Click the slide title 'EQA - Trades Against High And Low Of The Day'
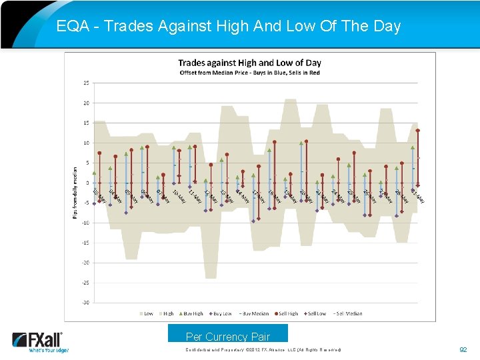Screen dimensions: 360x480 click(x=228, y=26)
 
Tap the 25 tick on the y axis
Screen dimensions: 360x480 click(x=86, y=83)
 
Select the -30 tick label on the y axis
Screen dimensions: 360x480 click(x=85, y=302)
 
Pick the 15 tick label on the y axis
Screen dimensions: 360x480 click(x=86, y=123)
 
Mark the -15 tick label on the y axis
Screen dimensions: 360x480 click(x=85, y=243)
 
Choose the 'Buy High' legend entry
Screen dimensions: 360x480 click(x=192, y=313)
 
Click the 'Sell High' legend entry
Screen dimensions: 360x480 click(x=287, y=313)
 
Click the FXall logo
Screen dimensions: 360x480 click(x=40, y=341)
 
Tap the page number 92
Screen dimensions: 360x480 click(x=464, y=349)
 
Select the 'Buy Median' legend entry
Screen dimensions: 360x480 click(x=254, y=313)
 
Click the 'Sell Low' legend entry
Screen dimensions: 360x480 click(x=317, y=313)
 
